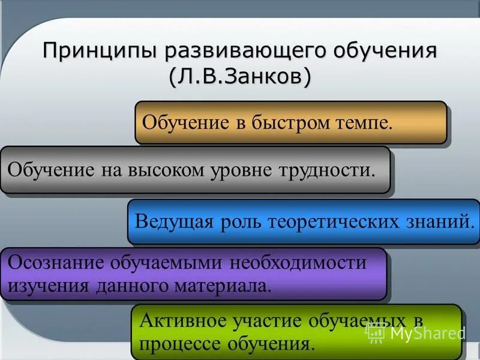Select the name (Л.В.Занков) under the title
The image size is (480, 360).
[x=239, y=76]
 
